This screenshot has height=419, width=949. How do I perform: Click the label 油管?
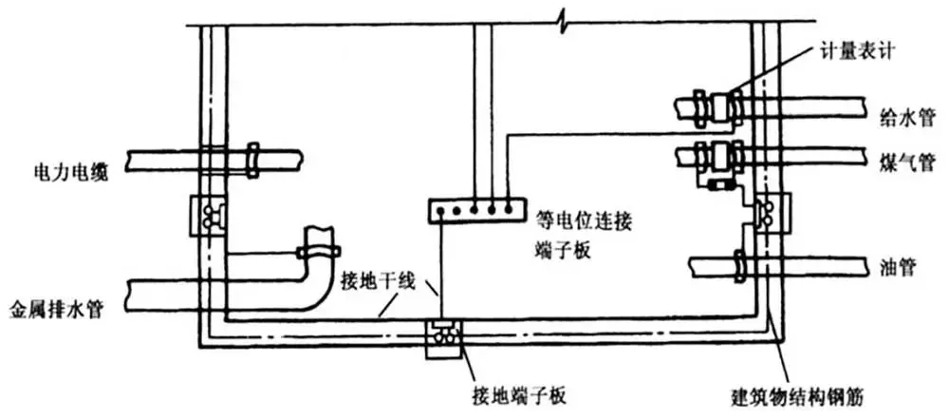point(896,266)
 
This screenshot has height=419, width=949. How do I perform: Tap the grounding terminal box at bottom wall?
point(443,340)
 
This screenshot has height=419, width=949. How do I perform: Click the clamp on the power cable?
point(252,159)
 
